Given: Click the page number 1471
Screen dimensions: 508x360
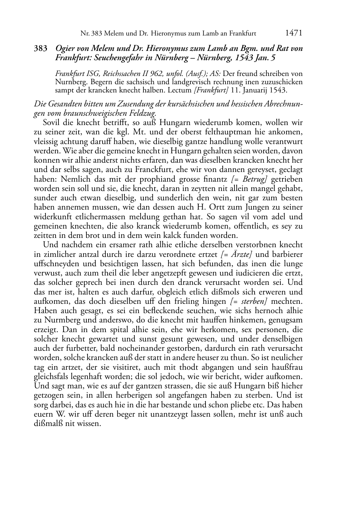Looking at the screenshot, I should tap(294, 33).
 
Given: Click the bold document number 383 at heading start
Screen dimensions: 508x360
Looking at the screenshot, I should tap(41, 48).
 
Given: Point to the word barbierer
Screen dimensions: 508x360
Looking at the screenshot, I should tap(285, 254).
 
